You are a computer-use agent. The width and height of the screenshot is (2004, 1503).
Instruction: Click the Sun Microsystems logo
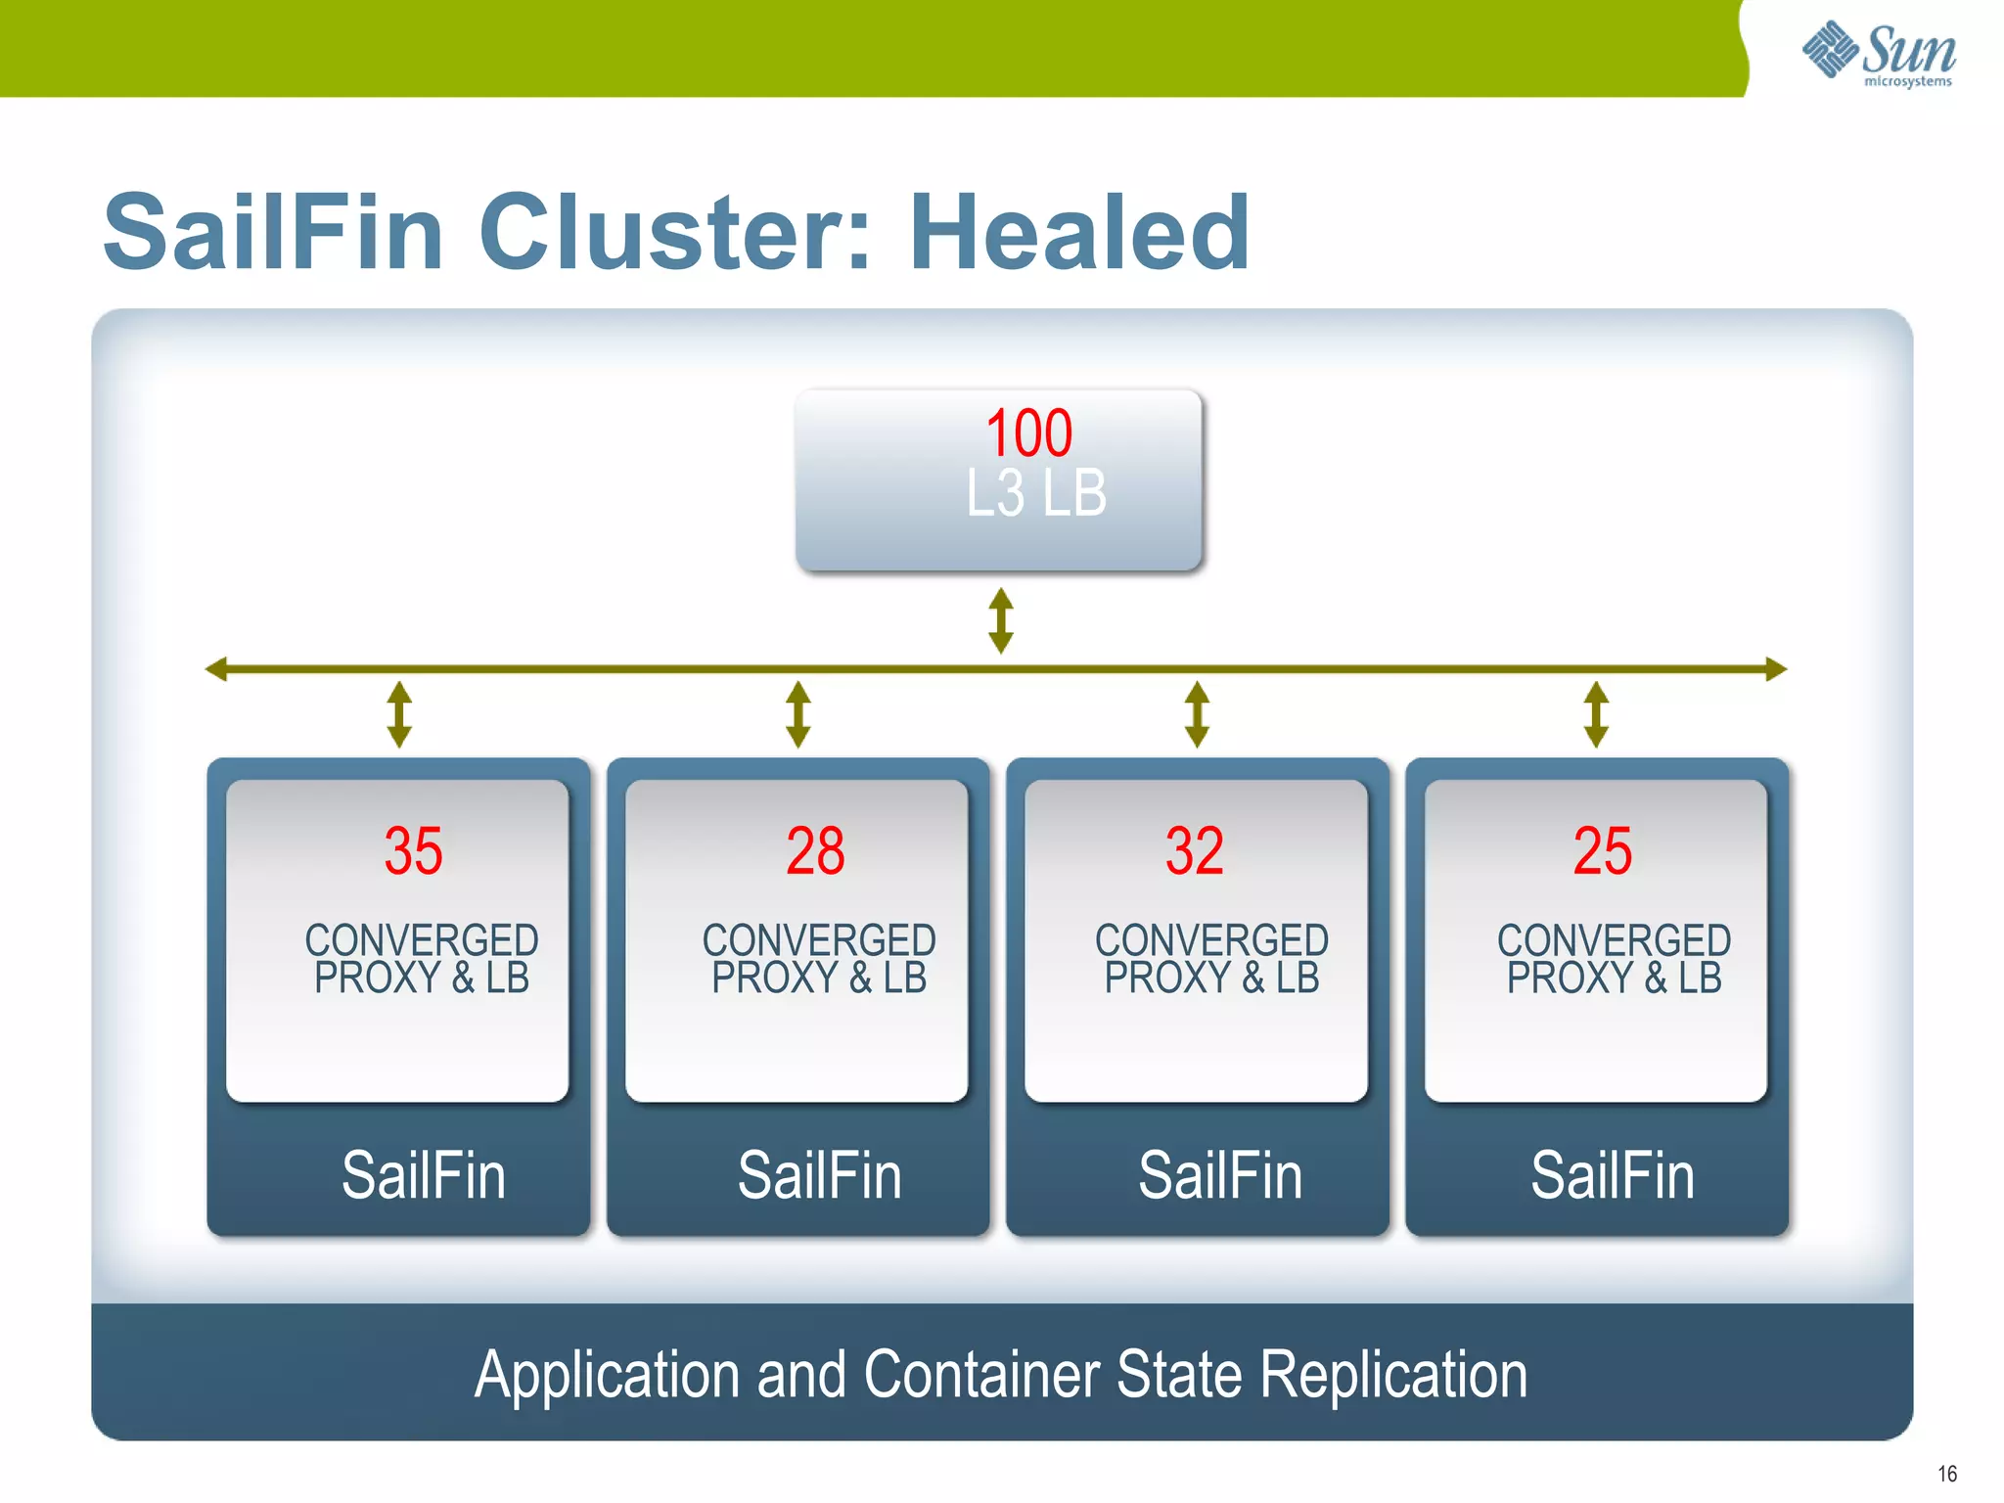pos(1879,54)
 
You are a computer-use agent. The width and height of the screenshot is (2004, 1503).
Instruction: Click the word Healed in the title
pos(1079,233)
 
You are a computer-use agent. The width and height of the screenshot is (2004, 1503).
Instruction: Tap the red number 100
pos(1028,433)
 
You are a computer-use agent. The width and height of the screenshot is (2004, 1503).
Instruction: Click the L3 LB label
pos(1035,493)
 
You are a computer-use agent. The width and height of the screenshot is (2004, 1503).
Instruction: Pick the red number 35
pos(413,850)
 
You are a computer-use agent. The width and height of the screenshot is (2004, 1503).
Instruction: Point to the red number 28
pos(815,850)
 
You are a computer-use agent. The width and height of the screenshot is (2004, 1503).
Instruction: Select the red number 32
pos(1194,850)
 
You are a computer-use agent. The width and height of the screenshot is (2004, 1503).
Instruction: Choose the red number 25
pos(1602,850)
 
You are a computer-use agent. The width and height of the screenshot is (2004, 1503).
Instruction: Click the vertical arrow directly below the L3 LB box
pos(1000,620)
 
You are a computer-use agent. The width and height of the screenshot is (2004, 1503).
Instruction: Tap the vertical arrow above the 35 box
pos(398,714)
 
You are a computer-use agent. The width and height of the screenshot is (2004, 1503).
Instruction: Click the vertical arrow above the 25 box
pos(1596,714)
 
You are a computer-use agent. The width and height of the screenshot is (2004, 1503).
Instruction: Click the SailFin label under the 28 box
pos(819,1175)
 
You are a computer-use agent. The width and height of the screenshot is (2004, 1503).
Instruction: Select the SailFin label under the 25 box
pos(1612,1175)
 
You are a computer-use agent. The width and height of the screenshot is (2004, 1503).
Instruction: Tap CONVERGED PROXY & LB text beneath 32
pos(1211,959)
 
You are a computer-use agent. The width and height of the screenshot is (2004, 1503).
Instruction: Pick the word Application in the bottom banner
pos(607,1375)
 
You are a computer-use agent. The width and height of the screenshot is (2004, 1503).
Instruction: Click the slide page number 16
pos(1946,1474)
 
